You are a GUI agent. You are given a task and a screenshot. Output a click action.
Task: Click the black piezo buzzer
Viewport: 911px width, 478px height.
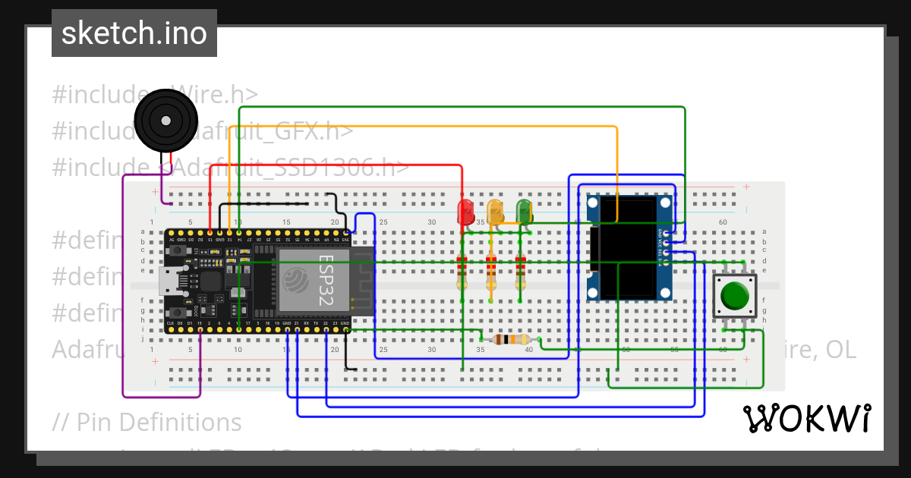[165, 120]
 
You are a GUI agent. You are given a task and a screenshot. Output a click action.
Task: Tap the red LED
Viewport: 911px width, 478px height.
[465, 211]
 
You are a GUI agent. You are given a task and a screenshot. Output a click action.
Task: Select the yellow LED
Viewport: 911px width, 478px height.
[495, 211]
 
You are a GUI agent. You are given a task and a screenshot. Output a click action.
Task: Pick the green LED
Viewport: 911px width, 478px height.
[524, 211]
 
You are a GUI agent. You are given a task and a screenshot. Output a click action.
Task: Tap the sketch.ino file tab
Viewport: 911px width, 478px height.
[134, 33]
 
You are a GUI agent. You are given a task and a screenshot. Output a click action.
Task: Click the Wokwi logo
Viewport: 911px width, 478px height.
[806, 418]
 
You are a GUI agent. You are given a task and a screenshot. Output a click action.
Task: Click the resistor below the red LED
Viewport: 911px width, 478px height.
[462, 272]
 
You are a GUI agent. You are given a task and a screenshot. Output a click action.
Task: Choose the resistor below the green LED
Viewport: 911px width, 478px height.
[520, 272]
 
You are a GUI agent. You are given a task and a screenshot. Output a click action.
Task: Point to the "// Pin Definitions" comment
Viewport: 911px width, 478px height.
[147, 422]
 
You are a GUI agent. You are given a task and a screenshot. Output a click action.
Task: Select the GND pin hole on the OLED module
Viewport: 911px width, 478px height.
[666, 231]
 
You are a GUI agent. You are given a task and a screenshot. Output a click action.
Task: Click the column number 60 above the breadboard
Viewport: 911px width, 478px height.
[723, 222]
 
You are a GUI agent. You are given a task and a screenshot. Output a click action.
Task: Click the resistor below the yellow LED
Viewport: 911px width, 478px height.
[491, 272]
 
